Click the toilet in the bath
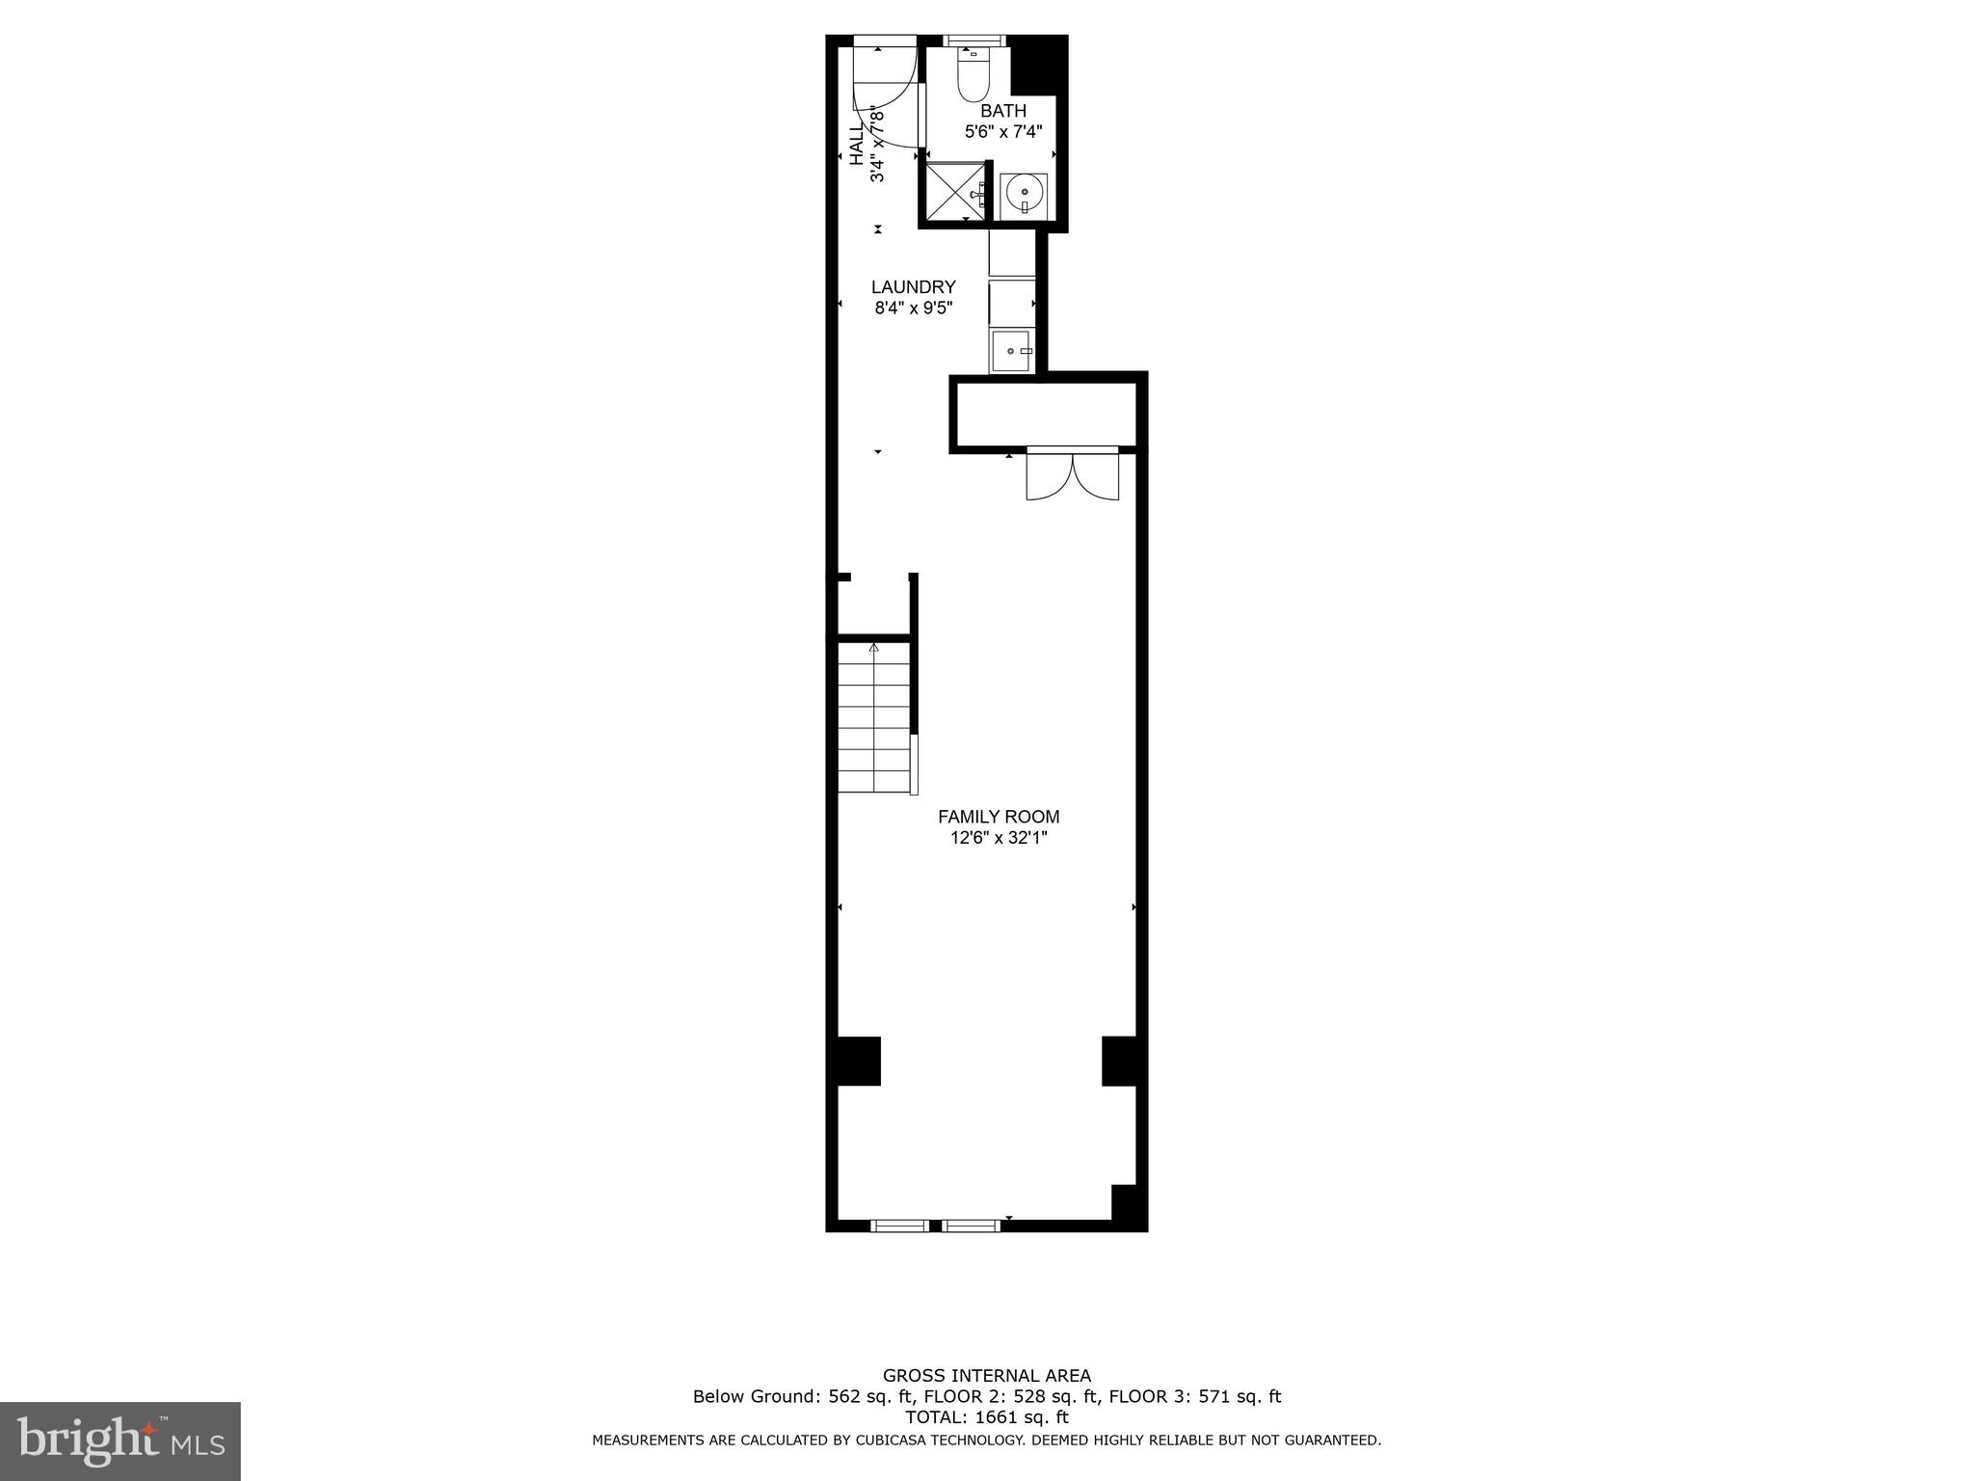970,75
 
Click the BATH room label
1003,111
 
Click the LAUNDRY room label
913,286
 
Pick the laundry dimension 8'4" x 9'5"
913,309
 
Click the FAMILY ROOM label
999,817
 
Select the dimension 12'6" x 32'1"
999,839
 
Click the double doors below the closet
1072,474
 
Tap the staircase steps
873,718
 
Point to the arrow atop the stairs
874,647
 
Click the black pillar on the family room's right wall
1121,1061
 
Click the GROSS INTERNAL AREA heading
987,1376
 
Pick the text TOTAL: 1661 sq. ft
987,1417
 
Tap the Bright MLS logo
120,1441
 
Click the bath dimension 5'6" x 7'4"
1003,132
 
